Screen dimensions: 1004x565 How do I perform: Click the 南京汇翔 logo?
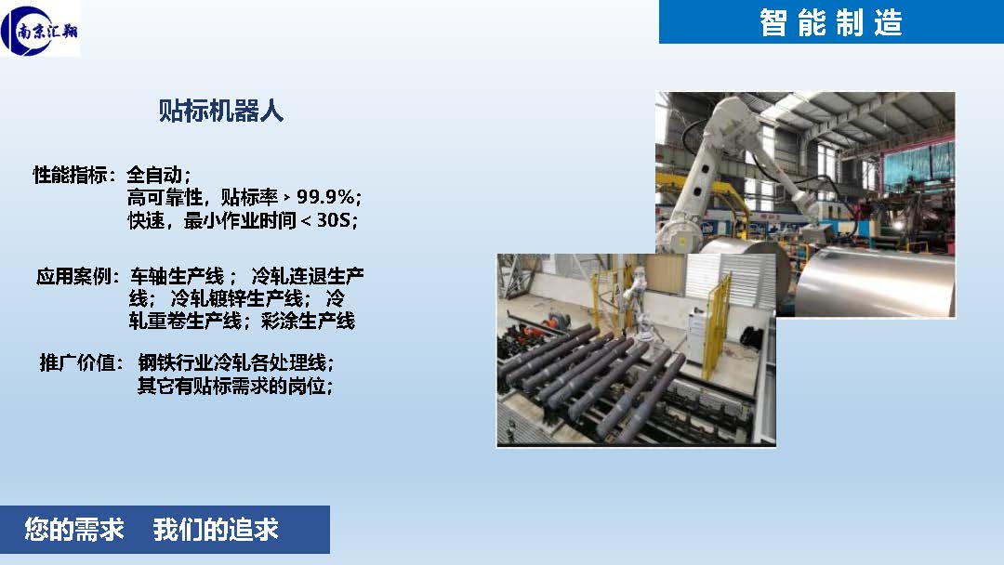[40, 29]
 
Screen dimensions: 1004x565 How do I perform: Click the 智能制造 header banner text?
[830, 22]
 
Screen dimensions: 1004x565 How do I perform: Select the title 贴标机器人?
[221, 111]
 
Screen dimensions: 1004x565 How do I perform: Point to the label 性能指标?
[70, 174]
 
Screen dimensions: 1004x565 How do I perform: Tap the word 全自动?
[154, 174]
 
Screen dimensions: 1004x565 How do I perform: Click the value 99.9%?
[325, 197]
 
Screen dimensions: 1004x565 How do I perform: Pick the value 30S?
[334, 220]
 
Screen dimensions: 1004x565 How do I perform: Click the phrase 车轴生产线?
[178, 276]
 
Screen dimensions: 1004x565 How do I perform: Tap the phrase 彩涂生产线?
[308, 320]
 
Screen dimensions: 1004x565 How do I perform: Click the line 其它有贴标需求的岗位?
[231, 386]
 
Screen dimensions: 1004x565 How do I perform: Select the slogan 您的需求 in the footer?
[74, 529]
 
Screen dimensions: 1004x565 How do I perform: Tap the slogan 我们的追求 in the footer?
[216, 529]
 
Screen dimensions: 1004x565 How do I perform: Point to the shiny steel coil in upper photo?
[874, 282]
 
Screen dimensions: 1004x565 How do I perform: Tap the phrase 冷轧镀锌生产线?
[236, 298]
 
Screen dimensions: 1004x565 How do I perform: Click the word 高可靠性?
[165, 197]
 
